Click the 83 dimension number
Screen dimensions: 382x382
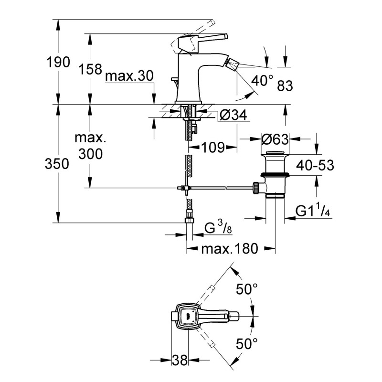285,85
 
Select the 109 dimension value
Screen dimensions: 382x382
212,147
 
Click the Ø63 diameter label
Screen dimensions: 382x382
276,139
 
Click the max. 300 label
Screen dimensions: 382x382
90,146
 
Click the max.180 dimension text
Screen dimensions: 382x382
229,249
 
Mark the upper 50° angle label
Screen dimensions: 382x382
247,288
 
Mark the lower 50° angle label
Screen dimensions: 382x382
247,342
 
